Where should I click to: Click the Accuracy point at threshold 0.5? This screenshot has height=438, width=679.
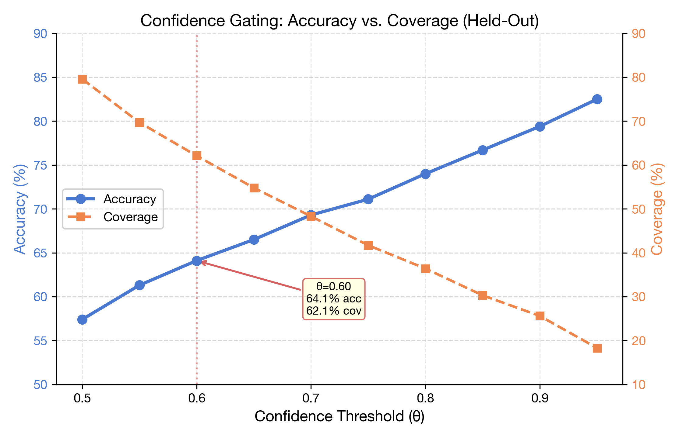click(x=82, y=319)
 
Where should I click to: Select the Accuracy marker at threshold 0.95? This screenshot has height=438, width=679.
click(x=597, y=99)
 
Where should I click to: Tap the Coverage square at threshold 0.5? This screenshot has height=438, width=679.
click(x=82, y=79)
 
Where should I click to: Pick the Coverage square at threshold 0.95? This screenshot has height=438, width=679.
click(x=597, y=348)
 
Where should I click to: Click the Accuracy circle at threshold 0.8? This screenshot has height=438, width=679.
click(x=425, y=174)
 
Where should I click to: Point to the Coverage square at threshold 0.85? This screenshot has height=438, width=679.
click(x=483, y=295)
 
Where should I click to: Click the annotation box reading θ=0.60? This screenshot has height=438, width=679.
click(x=334, y=299)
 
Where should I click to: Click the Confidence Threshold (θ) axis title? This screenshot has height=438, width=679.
click(x=339, y=416)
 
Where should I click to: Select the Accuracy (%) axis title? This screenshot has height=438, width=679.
click(x=20, y=209)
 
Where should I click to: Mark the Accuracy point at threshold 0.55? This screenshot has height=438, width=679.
click(x=139, y=285)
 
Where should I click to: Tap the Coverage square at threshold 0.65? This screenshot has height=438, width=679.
click(x=254, y=188)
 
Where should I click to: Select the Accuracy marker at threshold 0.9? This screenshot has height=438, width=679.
click(x=540, y=126)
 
